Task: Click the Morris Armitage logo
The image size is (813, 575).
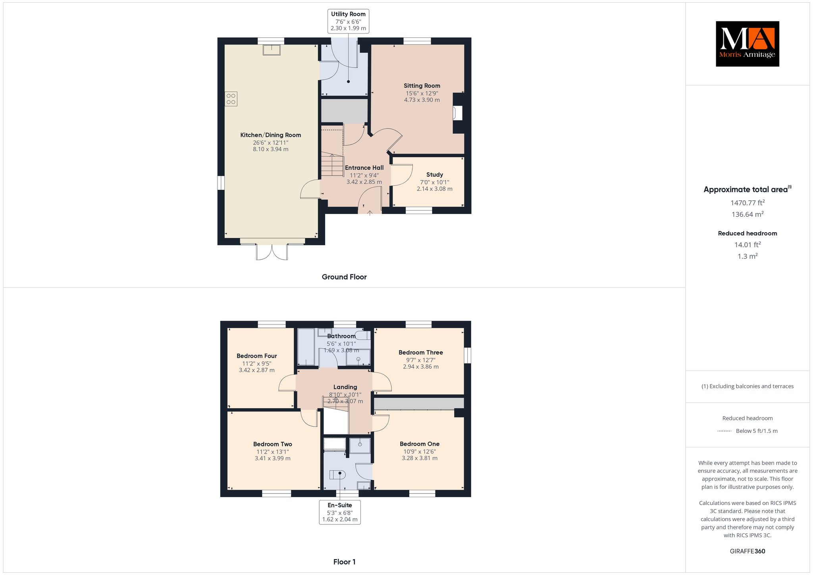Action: click(x=747, y=44)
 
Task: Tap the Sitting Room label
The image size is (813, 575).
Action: click(x=422, y=86)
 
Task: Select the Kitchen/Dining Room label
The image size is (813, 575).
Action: click(x=271, y=135)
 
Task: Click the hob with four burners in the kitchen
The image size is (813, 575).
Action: click(x=231, y=99)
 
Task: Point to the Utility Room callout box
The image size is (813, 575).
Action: click(x=349, y=21)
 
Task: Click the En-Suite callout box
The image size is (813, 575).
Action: click(x=340, y=512)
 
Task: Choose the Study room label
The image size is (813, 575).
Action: click(x=435, y=175)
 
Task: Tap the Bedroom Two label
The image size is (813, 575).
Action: click(x=273, y=444)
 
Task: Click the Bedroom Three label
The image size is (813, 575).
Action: click(x=421, y=353)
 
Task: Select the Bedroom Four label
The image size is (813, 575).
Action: click(x=257, y=356)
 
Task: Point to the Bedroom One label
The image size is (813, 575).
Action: click(x=420, y=444)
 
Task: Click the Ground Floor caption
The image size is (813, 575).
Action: click(x=344, y=277)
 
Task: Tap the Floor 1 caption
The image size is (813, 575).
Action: click(x=345, y=562)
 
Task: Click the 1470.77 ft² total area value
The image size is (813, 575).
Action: click(x=747, y=203)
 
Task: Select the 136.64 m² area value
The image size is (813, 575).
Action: click(x=747, y=214)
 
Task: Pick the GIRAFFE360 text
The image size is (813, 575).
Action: click(x=747, y=551)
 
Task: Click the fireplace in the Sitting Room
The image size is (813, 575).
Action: click(x=458, y=113)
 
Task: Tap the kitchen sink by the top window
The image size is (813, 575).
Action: click(x=272, y=50)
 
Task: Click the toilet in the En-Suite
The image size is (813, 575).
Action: click(x=338, y=474)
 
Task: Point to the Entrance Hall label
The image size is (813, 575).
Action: click(x=364, y=168)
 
